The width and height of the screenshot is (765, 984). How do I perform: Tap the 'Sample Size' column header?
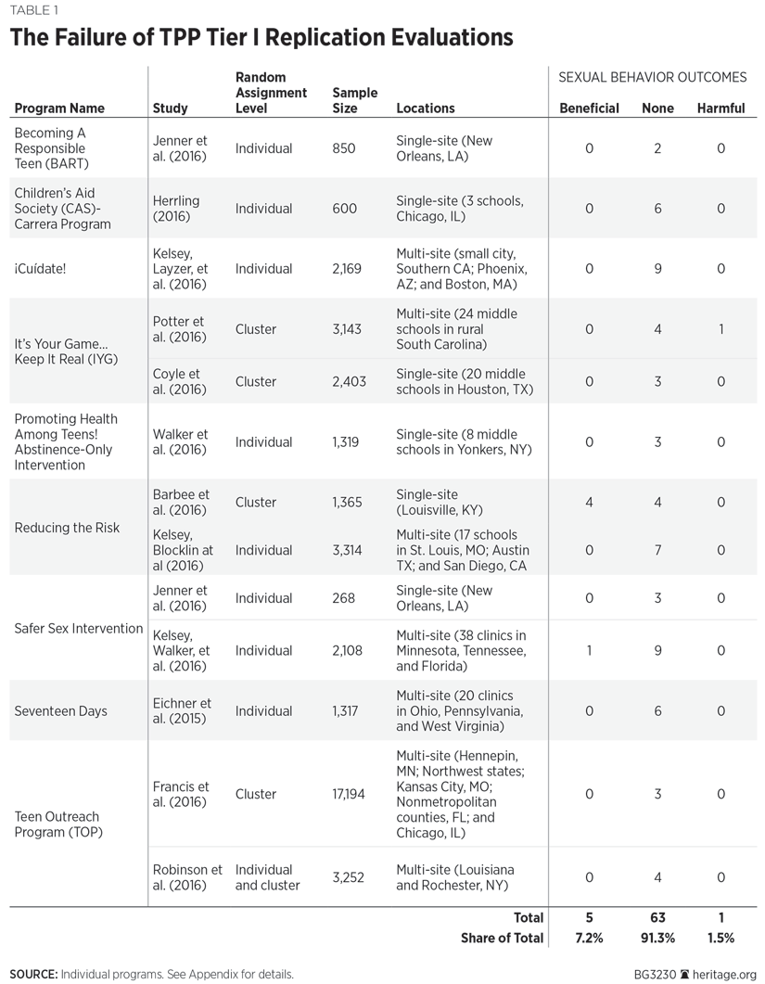click(355, 100)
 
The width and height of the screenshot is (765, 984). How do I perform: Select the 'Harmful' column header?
click(720, 109)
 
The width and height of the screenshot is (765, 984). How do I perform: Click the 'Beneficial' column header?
click(589, 109)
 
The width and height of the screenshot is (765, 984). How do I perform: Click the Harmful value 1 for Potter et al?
click(720, 329)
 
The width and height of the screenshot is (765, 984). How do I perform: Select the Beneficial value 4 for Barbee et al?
click(589, 503)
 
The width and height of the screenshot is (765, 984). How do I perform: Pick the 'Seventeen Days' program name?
click(60, 711)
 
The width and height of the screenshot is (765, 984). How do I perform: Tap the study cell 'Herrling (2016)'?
click(175, 209)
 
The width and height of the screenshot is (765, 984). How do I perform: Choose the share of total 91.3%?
click(657, 939)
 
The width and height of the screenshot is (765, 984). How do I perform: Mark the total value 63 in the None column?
click(657, 918)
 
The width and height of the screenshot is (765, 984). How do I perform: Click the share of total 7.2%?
click(589, 939)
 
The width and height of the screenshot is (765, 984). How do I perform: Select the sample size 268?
click(343, 598)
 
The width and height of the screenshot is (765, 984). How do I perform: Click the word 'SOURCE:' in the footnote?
click(33, 975)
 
